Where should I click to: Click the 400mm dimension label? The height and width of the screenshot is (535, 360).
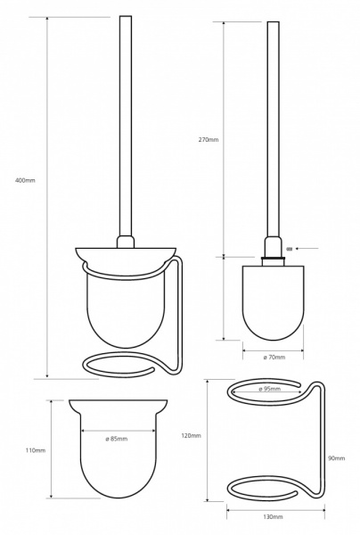coord(25,180)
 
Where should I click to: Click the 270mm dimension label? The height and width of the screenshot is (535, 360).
coord(209,139)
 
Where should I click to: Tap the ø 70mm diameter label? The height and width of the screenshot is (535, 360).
coord(274,358)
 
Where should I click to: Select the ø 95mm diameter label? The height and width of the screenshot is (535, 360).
coord(269,389)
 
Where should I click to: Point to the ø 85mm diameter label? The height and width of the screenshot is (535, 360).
coord(116,439)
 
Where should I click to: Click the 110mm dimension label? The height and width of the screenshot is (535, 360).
coord(36,450)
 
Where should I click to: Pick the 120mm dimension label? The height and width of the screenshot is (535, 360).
coord(192,436)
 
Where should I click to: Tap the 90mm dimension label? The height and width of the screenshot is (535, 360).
coord(336,458)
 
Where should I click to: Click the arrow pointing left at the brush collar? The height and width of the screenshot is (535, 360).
coord(307,249)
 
